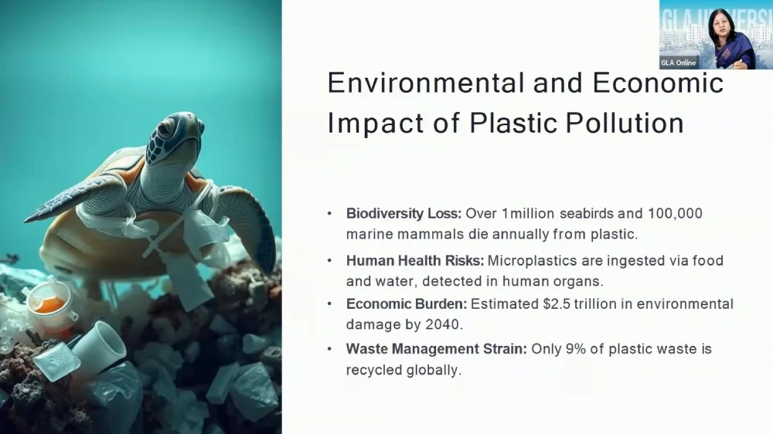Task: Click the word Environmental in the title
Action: pyautogui.click(x=425, y=83)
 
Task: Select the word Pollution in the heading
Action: pyautogui.click(x=625, y=123)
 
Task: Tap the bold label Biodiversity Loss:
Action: pyautogui.click(x=404, y=214)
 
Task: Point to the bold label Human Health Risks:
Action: pyautogui.click(x=415, y=260)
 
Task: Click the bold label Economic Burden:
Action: pyautogui.click(x=407, y=304)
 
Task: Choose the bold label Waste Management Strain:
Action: pyautogui.click(x=436, y=349)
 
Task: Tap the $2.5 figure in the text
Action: pyautogui.click(x=557, y=304)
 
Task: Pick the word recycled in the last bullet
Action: pyautogui.click(x=374, y=370)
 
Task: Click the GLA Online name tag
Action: pyautogui.click(x=679, y=63)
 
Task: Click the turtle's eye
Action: pyautogui.click(x=165, y=127)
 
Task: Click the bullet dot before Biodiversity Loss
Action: pyautogui.click(x=330, y=214)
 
